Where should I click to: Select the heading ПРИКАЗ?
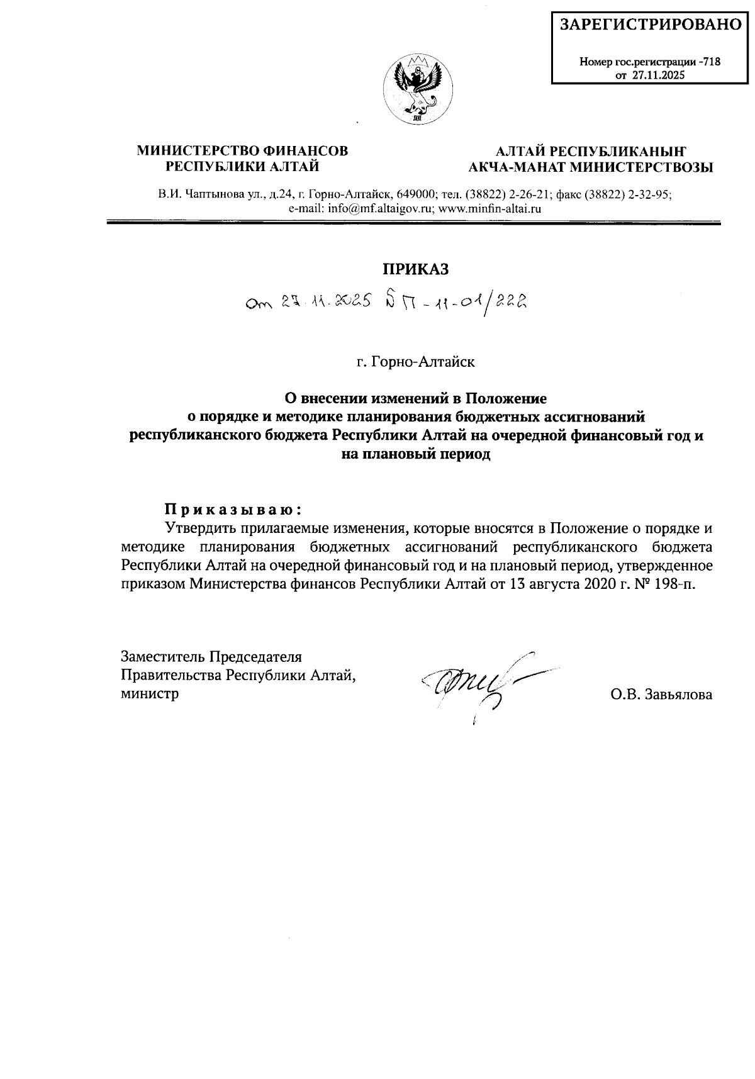coord(416,269)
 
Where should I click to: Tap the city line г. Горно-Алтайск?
coord(415,362)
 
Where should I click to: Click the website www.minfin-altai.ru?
coord(490,208)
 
